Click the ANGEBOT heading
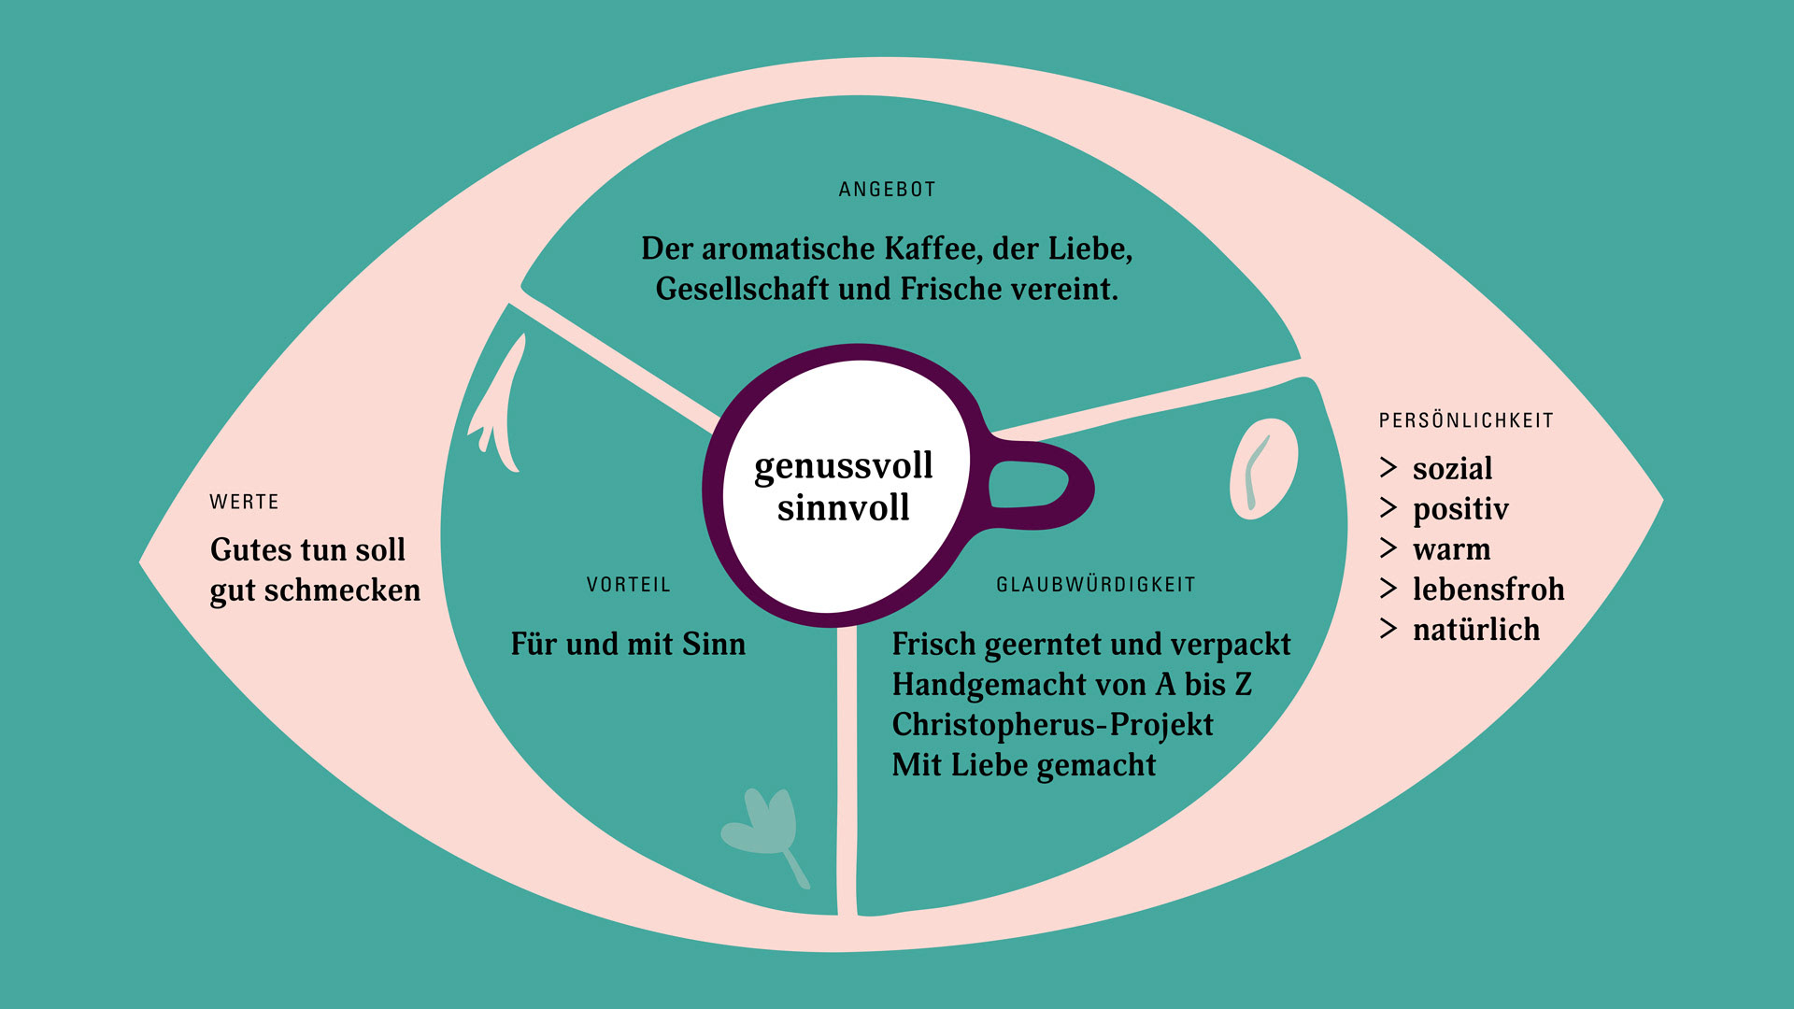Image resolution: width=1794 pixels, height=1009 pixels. click(887, 190)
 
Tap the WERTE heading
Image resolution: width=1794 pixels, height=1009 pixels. click(244, 502)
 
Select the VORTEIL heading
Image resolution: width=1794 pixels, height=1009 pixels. click(628, 585)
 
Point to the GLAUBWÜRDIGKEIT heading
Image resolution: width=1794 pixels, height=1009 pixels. click(1095, 585)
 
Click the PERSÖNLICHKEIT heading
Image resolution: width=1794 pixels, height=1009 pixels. click(1466, 420)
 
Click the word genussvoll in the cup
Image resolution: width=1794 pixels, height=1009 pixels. click(843, 466)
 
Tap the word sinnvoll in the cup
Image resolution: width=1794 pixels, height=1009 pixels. click(843, 507)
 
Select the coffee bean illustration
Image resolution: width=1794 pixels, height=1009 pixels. click(1263, 469)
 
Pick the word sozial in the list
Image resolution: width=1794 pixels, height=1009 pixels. click(1452, 468)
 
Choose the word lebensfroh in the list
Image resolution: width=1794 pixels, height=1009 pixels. click(1488, 590)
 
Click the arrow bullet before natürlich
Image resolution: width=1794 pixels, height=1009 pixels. click(1388, 630)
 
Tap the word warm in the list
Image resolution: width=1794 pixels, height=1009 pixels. click(1451, 549)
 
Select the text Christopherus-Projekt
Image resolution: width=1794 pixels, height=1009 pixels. click(1052, 725)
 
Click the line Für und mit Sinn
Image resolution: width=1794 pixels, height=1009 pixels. click(628, 644)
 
